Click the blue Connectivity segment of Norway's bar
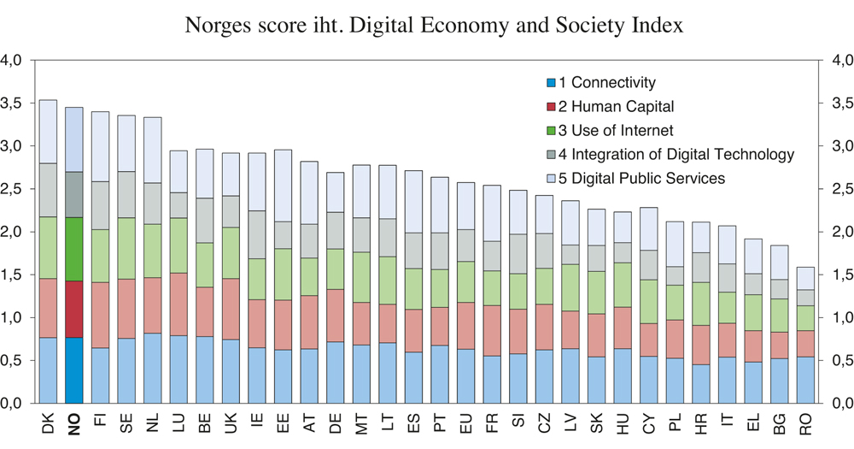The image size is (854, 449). pos(74,370)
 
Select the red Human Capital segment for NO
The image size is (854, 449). pos(74,310)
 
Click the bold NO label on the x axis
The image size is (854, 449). pos(75,425)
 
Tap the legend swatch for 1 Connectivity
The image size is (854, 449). pos(552,83)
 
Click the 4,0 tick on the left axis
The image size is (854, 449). pos(16,61)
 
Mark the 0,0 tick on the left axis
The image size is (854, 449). pos(16,403)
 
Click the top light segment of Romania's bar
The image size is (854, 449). pos(805,279)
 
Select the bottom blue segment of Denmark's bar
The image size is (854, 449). pos(48,370)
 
